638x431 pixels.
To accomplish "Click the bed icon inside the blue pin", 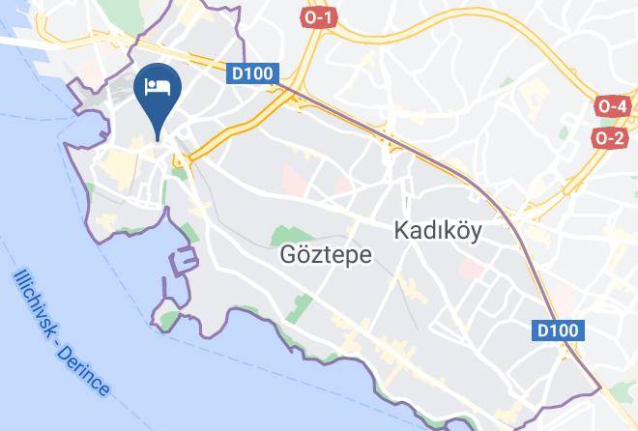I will [x=157, y=87].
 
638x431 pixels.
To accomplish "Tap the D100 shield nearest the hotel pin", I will [x=254, y=73].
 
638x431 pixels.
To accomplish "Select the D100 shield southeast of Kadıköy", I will [x=559, y=330].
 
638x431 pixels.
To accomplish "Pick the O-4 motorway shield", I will [x=613, y=106].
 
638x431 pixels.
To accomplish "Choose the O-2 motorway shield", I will [x=611, y=138].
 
